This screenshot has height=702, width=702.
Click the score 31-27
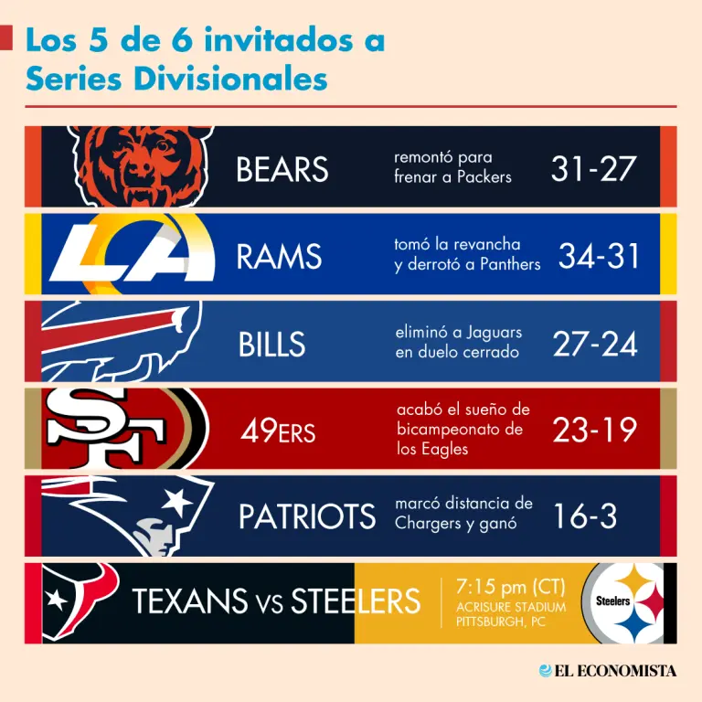(593, 168)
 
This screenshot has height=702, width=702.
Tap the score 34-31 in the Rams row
(600, 257)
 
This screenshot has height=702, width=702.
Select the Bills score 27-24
(595, 344)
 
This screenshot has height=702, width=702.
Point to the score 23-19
(594, 430)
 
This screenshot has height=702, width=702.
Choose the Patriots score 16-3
(585, 517)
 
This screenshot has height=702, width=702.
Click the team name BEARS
(282, 170)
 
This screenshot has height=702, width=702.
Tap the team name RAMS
(279, 258)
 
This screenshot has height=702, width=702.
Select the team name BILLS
(271, 345)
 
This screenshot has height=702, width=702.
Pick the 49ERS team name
(278, 431)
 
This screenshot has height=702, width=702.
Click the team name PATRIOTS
(307, 517)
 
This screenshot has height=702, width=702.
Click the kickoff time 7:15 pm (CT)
(510, 586)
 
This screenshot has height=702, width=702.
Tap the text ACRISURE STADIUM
(510, 607)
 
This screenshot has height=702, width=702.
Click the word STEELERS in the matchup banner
(356, 601)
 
